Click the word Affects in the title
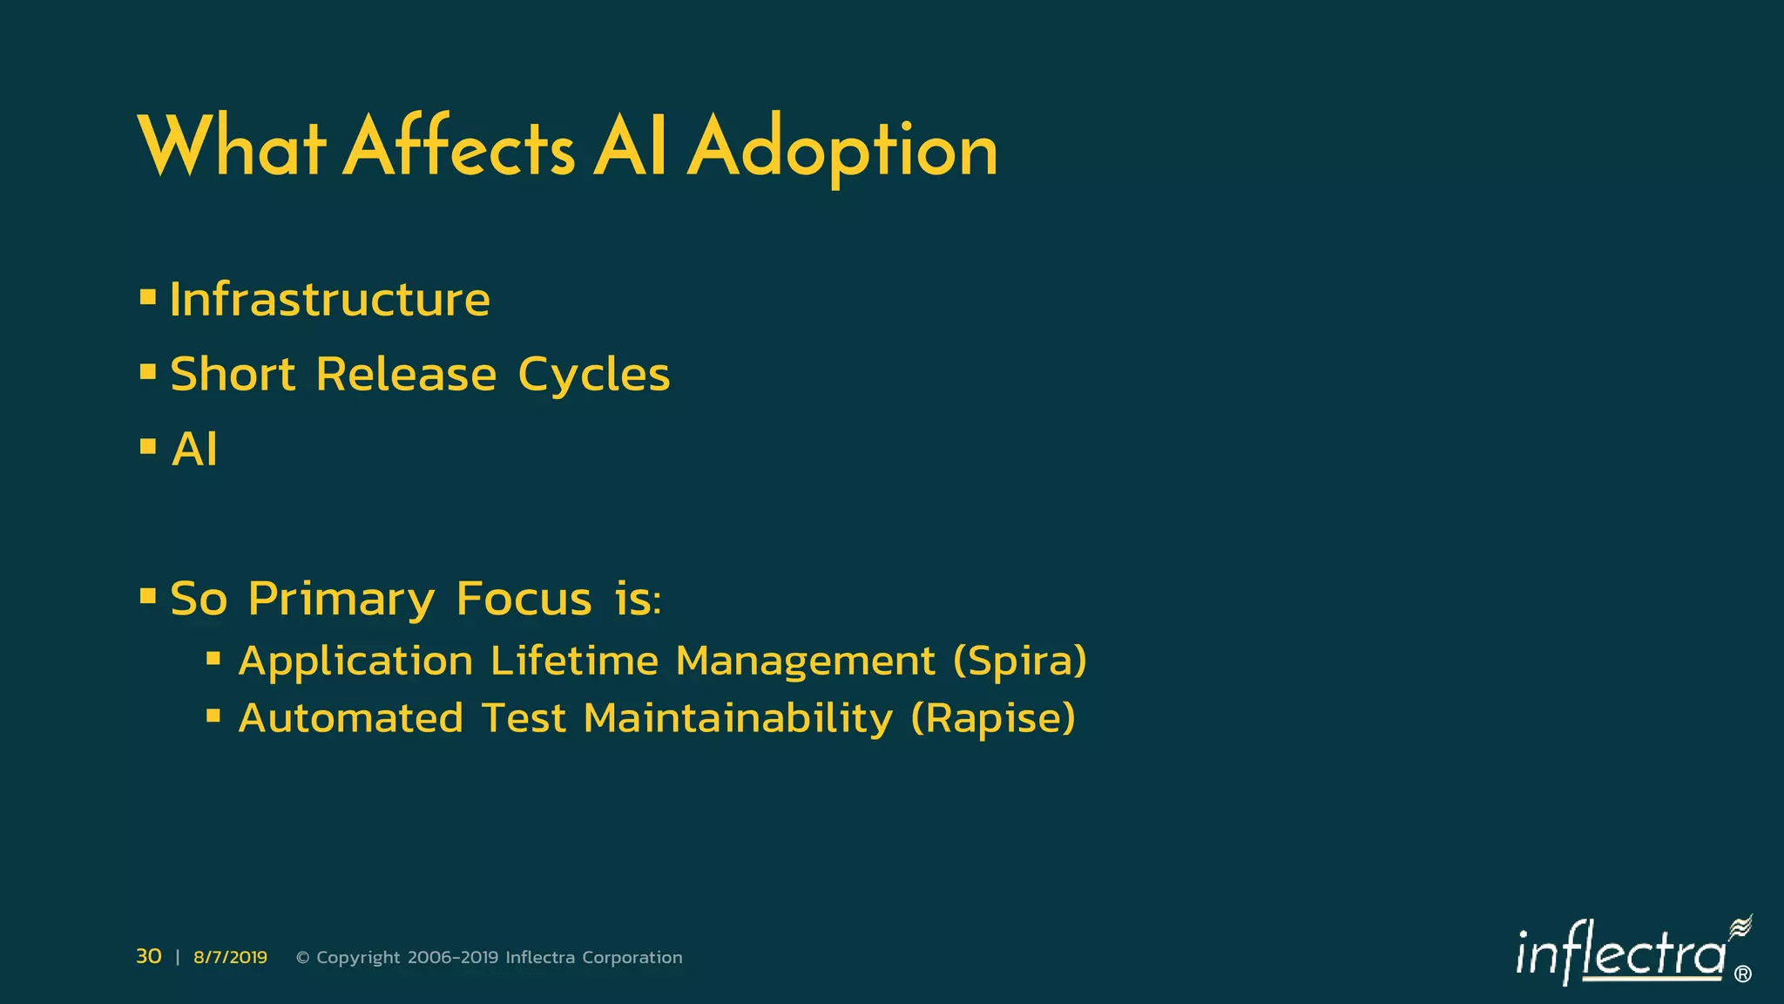pos(459,148)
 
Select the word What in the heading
pos(232,148)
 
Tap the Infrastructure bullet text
pos(329,300)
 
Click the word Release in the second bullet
pos(406,375)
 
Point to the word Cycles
pos(593,375)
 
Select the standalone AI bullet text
pos(194,450)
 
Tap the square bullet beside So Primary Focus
pos(148,598)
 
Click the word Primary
pos(341,600)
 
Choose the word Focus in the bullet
pos(524,599)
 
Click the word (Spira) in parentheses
pos(1020,661)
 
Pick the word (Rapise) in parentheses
pos(993,719)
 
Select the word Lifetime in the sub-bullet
pos(574,660)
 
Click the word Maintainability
pos(738,719)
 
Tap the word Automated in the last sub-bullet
pos(350,719)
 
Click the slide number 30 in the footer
pos(149,956)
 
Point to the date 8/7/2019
pos(230,957)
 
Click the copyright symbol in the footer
pos(303,958)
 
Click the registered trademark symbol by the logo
pos(1742,974)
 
